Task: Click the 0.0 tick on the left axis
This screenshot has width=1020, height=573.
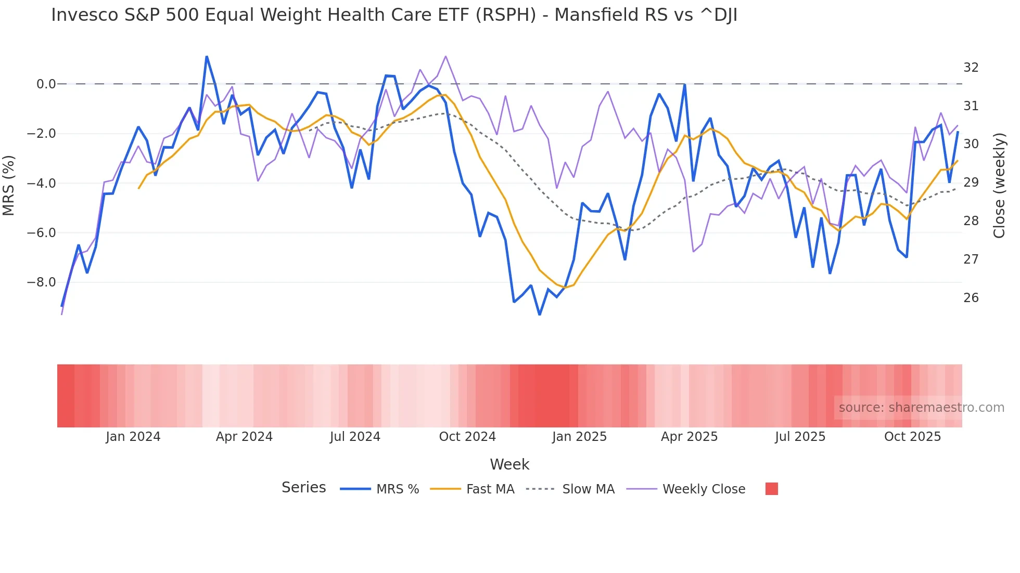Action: [46, 84]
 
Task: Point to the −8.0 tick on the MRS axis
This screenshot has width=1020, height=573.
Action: [41, 283]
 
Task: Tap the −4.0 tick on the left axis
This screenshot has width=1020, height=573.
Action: [41, 184]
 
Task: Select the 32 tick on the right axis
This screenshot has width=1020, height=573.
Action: [971, 68]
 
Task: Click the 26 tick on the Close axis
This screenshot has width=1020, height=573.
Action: [971, 298]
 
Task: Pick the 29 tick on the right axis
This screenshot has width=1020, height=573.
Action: [971, 183]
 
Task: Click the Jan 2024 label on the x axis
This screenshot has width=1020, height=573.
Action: [133, 437]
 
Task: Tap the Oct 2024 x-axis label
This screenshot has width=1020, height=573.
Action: [467, 437]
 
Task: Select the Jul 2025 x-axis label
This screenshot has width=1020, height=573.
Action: [800, 437]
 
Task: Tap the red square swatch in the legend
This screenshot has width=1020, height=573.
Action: [771, 489]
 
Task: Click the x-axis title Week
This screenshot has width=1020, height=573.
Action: [509, 465]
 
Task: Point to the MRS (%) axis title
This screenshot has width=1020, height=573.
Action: [9, 185]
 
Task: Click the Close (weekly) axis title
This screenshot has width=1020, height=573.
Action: [999, 185]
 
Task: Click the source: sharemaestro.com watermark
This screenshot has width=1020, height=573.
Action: [921, 408]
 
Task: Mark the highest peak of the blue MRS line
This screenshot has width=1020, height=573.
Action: [207, 56]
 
